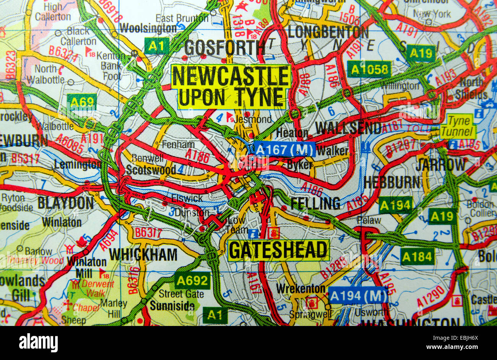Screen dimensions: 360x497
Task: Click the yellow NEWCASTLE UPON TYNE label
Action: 231,86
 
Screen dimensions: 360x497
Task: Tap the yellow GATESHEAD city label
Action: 278,250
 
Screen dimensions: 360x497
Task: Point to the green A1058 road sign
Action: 369,69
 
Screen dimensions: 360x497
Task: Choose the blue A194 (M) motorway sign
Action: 358,295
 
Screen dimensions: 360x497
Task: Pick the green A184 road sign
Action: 417,256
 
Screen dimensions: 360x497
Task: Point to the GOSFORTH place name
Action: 225,48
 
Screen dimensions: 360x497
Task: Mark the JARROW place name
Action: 440,165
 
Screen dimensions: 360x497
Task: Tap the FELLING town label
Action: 315,203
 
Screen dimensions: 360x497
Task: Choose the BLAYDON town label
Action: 65,203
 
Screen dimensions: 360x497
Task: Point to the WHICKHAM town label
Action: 143,254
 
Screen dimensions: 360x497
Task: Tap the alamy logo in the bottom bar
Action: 38,342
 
